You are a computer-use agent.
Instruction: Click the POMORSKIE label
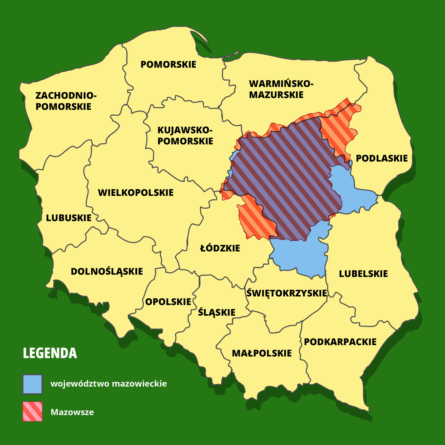[x=168, y=65]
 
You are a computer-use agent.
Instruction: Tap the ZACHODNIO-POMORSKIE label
[x=66, y=101]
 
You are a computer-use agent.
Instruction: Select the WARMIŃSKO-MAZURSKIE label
[x=281, y=89]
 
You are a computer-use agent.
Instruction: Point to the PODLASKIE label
[x=382, y=159]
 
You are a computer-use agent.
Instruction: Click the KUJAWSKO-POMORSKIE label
[x=185, y=136]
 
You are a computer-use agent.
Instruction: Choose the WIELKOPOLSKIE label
[x=136, y=193]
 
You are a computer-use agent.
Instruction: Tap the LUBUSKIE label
[x=69, y=218]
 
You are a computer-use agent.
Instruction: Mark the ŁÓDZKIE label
[x=220, y=248]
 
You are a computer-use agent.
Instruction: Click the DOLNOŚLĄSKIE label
[x=107, y=271]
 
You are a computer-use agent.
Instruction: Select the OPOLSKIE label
[x=168, y=302]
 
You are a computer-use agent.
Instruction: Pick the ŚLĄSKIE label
[x=217, y=313]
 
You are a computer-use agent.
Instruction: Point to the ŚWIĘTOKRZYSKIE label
[x=286, y=293]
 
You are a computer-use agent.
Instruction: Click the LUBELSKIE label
[x=363, y=274]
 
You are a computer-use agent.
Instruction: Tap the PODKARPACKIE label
[x=340, y=342]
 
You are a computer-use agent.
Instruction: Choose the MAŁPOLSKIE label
[x=262, y=353]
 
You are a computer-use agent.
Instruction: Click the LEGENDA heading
[x=50, y=353]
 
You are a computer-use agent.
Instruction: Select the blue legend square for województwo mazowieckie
[x=33, y=384]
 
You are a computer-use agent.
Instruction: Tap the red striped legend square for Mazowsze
[x=33, y=411]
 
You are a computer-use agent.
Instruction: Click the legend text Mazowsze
[x=72, y=412]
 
